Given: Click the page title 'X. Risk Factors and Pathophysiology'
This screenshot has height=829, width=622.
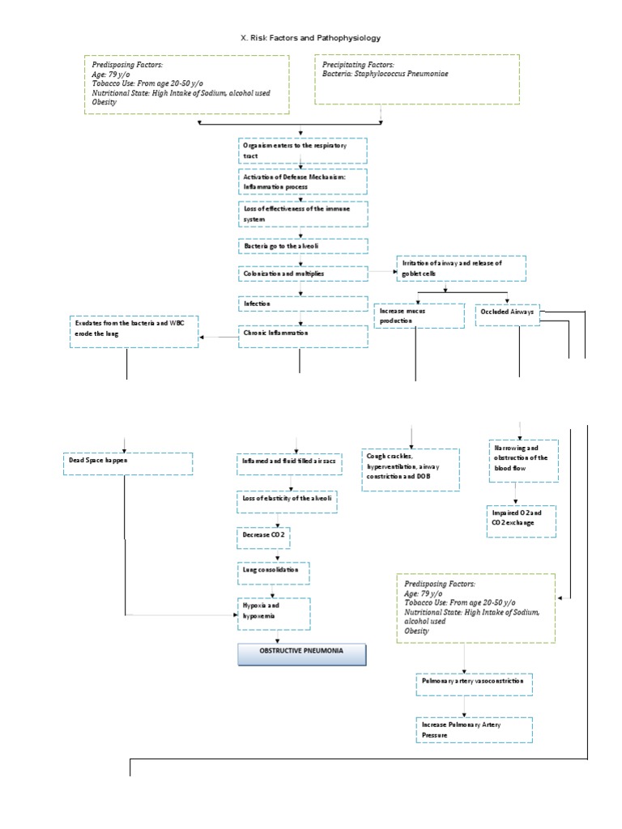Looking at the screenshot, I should pos(311,38).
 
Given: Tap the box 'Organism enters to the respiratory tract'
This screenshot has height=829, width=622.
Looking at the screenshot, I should pos(303,150).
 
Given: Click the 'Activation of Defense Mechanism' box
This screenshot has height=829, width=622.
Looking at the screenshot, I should pos(303,181).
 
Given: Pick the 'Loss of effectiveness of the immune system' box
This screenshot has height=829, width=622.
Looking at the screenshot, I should pos(303,213).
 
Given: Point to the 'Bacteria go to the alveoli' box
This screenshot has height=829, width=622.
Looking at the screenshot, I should pos(303,245).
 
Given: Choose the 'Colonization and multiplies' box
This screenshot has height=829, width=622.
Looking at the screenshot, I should pos(303,274).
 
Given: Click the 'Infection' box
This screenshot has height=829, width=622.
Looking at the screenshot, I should pos(303,304).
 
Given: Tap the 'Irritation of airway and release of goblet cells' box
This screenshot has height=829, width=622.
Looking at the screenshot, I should pos(461,268).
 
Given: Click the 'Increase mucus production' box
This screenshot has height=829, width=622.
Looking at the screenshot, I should pos(419,316).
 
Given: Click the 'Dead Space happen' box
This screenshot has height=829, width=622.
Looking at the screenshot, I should pos(127,463).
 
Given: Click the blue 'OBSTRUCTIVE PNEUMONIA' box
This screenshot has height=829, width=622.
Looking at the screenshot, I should pos(301,654).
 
